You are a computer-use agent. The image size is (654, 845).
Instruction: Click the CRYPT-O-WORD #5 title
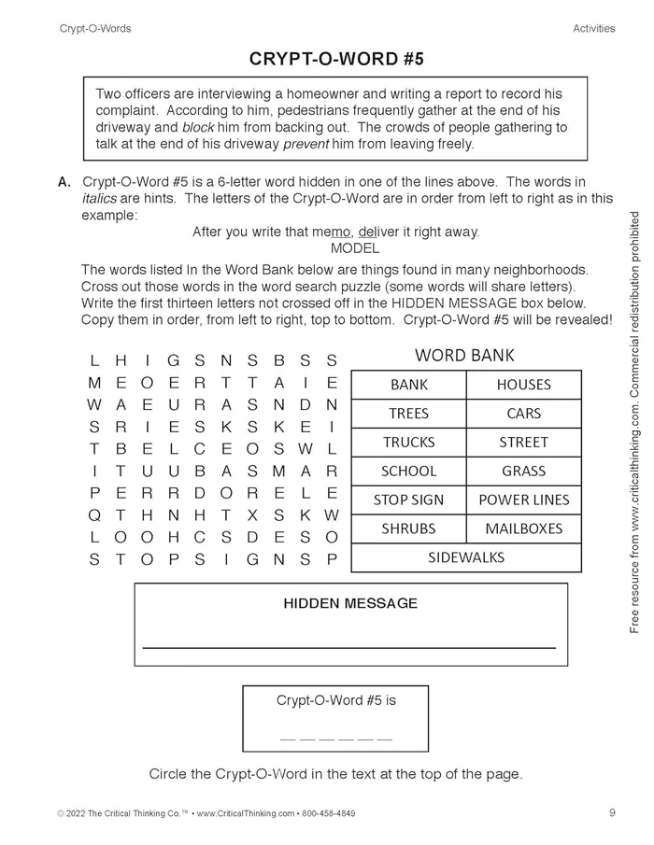tap(336, 59)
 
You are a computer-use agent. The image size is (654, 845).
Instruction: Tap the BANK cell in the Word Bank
tap(408, 385)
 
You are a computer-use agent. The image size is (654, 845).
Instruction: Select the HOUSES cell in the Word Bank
tap(523, 385)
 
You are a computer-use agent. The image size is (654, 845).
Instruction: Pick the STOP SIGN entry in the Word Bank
tap(408, 500)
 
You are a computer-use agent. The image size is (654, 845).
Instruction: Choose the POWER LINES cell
tap(523, 500)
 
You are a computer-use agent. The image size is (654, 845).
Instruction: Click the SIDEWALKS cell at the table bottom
tap(465, 557)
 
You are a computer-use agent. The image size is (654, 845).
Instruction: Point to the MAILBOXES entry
tap(523, 528)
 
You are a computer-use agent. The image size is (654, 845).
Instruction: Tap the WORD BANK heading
tap(464, 356)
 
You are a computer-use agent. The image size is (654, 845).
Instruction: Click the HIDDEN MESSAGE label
tap(350, 603)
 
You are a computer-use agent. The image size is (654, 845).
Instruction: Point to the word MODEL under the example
tap(355, 248)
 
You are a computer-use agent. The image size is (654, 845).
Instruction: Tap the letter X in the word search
tap(226, 514)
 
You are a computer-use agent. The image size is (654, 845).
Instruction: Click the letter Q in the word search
tap(94, 514)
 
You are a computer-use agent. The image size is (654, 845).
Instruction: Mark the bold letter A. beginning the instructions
tap(64, 182)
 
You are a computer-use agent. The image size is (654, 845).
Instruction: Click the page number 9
tap(612, 812)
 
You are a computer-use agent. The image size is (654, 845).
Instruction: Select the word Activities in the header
tap(593, 28)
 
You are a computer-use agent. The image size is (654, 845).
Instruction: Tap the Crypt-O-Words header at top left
tap(95, 28)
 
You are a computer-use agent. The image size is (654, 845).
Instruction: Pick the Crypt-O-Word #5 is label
tap(335, 700)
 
